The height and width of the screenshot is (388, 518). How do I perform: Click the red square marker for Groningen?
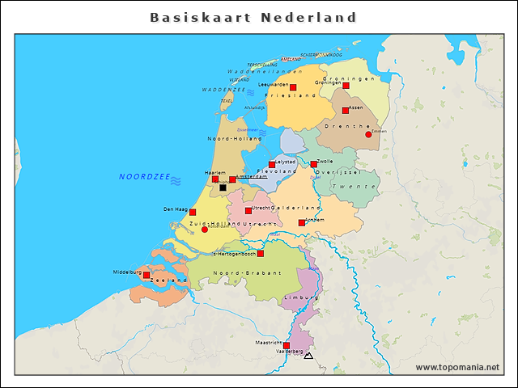click(x=346, y=85)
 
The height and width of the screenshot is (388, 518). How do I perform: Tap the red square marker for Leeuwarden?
click(x=293, y=87)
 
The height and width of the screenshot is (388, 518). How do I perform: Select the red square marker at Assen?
click(x=346, y=111)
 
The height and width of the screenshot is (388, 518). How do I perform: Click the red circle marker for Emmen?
click(x=368, y=135)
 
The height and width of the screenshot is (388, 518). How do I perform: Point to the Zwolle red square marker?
click(x=314, y=164)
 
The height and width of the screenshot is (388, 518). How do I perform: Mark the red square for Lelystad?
click(x=272, y=165)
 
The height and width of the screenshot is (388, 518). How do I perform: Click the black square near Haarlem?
click(x=223, y=188)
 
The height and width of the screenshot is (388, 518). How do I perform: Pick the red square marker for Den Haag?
click(x=193, y=213)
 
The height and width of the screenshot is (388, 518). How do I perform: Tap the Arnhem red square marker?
click(x=302, y=223)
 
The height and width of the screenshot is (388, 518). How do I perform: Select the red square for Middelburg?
click(x=146, y=275)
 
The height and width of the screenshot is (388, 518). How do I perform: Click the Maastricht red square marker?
click(x=287, y=346)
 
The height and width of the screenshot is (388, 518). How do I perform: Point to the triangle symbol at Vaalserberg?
click(x=308, y=356)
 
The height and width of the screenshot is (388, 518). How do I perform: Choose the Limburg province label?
click(x=297, y=299)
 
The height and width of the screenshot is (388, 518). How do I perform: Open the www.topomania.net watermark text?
click(x=457, y=368)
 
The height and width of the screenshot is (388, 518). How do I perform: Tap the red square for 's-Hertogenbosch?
click(x=261, y=254)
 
